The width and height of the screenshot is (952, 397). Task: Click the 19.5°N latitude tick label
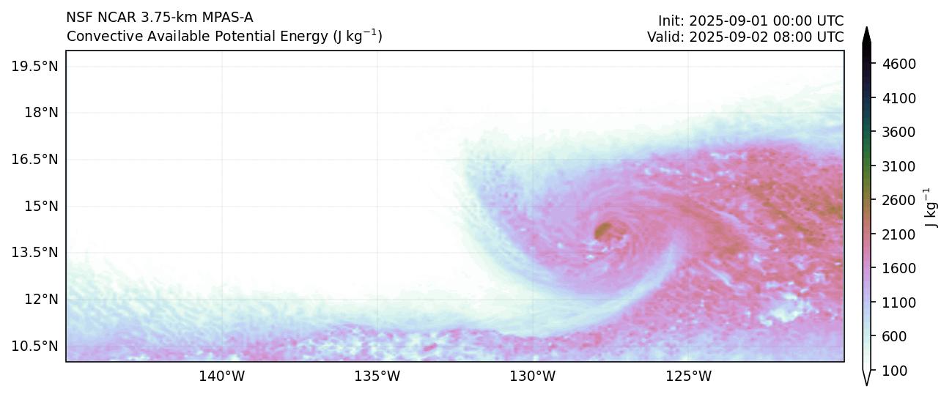coord(35,67)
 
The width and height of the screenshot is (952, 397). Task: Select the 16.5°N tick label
coord(35,160)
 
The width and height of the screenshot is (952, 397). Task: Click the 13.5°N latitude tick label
coord(35,253)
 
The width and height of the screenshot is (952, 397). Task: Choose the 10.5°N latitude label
coord(35,346)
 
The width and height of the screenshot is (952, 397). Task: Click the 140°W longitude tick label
coord(221,377)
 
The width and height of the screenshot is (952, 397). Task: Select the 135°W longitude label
coord(377,377)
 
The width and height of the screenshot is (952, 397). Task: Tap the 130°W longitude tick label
coord(533,377)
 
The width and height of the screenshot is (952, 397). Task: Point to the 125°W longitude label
coord(688,377)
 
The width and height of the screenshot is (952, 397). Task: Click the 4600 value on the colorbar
coord(900,64)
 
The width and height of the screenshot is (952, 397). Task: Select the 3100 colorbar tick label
coord(900,166)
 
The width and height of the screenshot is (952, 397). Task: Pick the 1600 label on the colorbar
coord(900,269)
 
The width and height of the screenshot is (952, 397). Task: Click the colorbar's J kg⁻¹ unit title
coord(931,208)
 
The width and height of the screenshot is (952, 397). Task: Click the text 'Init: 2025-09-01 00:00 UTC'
coord(750,21)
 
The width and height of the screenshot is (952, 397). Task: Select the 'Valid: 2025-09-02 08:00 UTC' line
coord(745,37)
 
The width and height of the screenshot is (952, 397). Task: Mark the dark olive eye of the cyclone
coord(605,231)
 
